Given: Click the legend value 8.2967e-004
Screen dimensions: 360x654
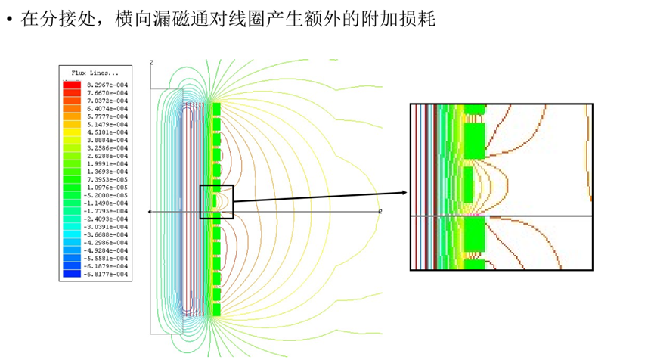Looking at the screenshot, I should point(107,85).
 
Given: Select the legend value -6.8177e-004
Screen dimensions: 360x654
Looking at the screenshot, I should point(107,275).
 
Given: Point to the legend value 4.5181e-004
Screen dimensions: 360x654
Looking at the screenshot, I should point(107,132).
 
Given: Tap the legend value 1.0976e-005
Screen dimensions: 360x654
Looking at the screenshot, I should point(107,188).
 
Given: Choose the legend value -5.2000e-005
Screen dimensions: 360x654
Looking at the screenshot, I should point(107,195).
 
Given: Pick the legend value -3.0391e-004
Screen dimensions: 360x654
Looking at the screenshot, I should point(107,227).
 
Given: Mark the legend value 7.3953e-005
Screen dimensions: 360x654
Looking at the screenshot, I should point(107,179).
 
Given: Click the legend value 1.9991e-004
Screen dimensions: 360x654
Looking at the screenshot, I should point(107,163).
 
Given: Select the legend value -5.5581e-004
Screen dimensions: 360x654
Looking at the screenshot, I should point(107,259).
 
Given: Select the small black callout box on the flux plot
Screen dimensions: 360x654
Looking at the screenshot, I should point(216,201).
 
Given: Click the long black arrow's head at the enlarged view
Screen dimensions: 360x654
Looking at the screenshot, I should point(405,191).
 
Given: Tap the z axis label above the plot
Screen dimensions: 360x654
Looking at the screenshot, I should point(152,61).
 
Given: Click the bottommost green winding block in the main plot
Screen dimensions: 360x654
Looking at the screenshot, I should point(216,309).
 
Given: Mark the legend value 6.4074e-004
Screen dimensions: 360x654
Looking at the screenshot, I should point(107,108).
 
